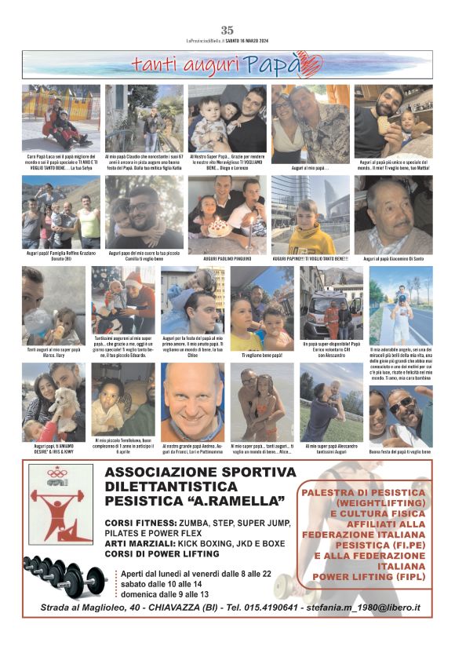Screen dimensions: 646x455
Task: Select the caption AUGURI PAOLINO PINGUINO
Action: [x=227, y=258]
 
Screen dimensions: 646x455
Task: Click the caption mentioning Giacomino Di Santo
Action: [x=393, y=258]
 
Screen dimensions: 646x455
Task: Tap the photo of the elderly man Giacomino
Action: [x=393, y=214]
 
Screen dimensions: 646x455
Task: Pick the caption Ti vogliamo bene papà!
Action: [x=261, y=354]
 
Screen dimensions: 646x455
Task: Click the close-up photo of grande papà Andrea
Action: [x=191, y=400]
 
